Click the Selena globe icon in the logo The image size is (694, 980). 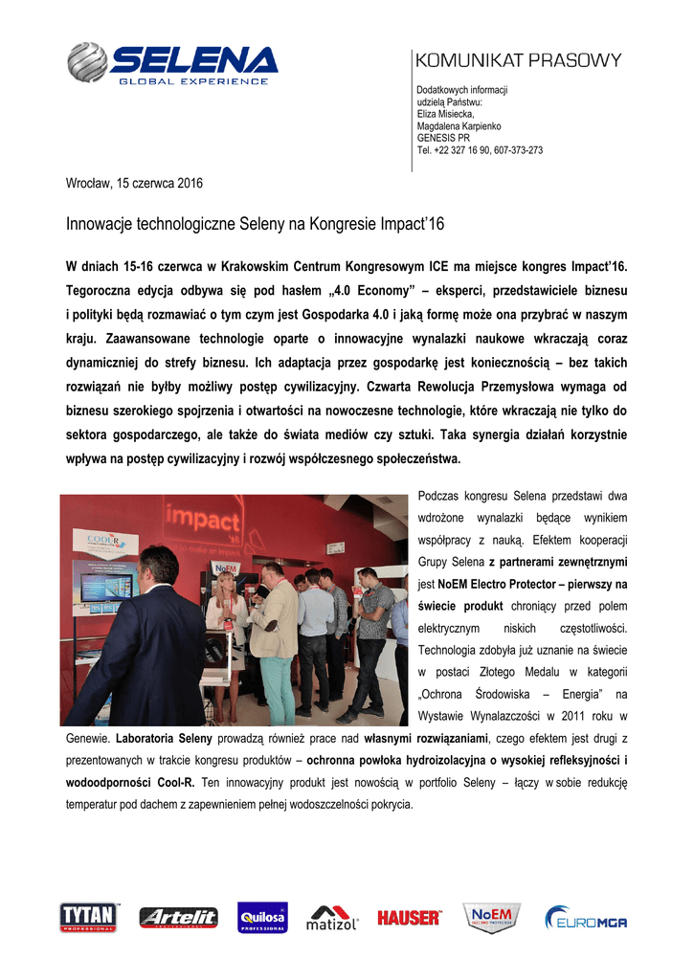(x=87, y=62)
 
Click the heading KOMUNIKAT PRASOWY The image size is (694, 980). (x=518, y=60)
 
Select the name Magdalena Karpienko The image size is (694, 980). (x=459, y=126)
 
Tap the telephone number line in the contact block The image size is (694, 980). (x=480, y=150)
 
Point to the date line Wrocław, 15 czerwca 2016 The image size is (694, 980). (x=134, y=183)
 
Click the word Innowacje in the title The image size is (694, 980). (x=100, y=225)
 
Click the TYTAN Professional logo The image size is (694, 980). (x=89, y=917)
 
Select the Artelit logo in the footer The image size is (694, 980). (x=178, y=918)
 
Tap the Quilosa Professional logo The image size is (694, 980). (x=262, y=918)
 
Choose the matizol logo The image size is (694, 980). (x=332, y=918)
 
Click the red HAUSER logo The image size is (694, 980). (x=409, y=918)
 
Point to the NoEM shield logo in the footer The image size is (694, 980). (x=492, y=917)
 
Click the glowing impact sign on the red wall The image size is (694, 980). (x=203, y=520)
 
